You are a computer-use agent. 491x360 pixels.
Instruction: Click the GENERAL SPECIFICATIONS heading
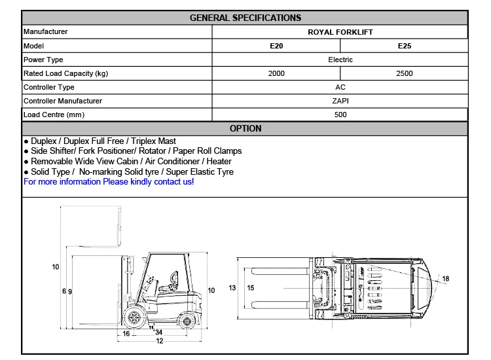click(245, 18)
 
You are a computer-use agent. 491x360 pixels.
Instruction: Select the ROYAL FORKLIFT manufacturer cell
click(340, 31)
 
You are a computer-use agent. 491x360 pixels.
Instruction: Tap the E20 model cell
click(276, 46)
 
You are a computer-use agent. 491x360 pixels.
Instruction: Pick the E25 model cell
click(405, 46)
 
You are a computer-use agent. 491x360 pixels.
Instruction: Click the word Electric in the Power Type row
click(340, 60)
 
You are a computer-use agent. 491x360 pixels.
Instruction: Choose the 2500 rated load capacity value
click(405, 73)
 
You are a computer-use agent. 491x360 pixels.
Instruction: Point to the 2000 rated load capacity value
click(276, 73)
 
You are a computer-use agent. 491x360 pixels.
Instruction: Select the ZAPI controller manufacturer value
click(340, 101)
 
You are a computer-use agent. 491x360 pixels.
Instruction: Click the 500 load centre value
click(340, 115)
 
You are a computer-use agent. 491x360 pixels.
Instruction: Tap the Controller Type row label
click(49, 87)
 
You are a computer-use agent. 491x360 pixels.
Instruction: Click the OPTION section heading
click(245, 128)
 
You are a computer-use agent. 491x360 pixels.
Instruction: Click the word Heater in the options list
click(219, 161)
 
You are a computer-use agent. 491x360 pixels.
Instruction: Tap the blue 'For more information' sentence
click(109, 181)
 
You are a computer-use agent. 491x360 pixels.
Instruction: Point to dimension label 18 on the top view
click(445, 279)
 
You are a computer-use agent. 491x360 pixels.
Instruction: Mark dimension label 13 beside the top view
click(232, 288)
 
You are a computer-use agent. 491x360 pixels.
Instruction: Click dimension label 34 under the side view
click(158, 333)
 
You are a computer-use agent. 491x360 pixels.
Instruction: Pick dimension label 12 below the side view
click(159, 341)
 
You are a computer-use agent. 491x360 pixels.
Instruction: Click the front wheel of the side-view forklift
click(136, 319)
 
